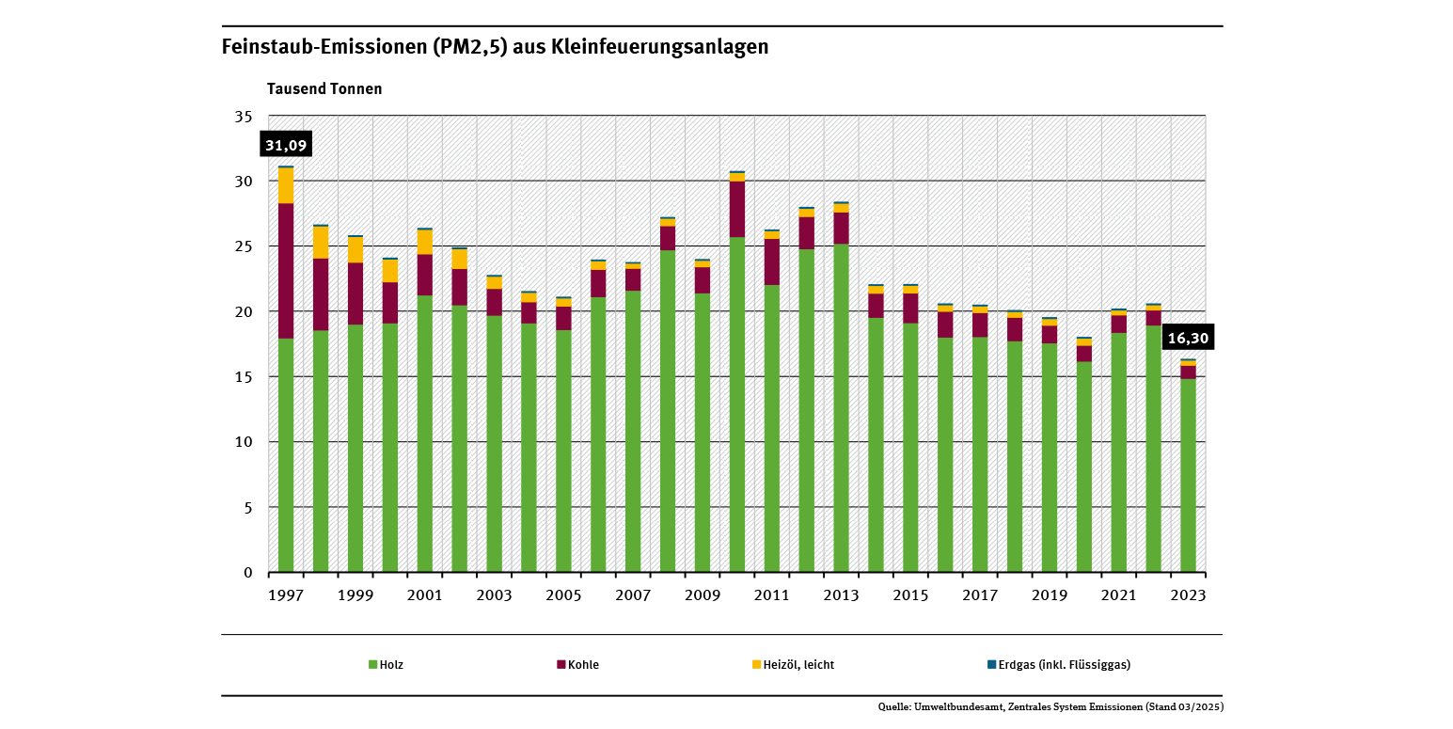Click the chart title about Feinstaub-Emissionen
pos(495,47)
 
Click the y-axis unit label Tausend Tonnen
pos(324,89)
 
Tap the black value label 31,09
pos(286,145)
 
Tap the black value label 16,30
pos(1188,337)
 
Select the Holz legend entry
pos(386,664)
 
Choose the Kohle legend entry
pos(577,664)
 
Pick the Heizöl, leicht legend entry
pos(792,664)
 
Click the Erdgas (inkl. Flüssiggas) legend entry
pos(1058,664)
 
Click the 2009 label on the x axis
pos(703,595)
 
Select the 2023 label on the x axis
pos(1189,595)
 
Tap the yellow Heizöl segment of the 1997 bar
pos(286,185)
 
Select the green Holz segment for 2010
pos(737,404)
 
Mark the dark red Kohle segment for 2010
pos(737,209)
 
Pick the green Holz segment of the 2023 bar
pos(1189,475)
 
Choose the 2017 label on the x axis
pos(980,595)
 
